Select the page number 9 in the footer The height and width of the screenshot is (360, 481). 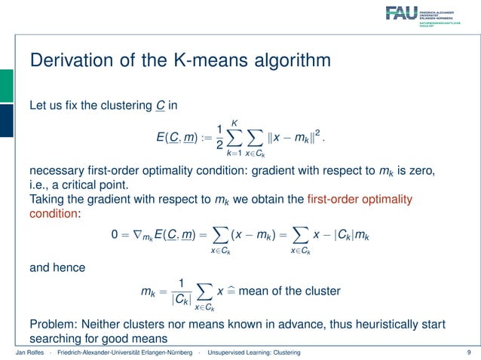tap(469, 352)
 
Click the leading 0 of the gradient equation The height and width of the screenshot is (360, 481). tap(115, 236)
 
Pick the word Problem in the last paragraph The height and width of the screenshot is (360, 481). tap(53, 324)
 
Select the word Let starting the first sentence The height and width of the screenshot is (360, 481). tap(37, 105)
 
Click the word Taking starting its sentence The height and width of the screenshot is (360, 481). tap(47, 200)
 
